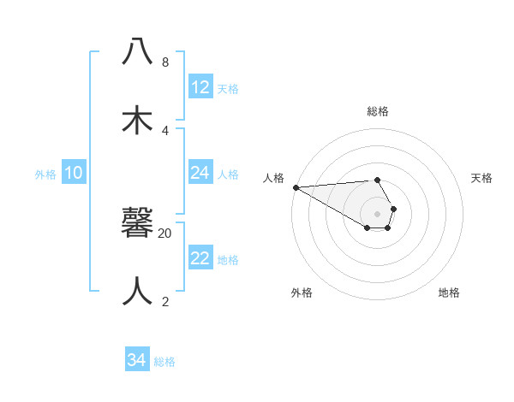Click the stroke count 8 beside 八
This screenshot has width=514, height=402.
165,62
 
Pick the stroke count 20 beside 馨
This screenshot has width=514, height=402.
165,234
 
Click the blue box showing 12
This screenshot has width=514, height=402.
200,87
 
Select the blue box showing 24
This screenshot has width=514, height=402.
200,173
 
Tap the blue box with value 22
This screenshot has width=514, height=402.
200,258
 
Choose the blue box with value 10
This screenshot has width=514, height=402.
74,173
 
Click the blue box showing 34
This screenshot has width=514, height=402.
137,360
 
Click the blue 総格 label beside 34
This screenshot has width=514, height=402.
164,362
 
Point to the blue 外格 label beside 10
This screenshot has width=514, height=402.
45,174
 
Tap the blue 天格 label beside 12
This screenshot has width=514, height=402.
228,89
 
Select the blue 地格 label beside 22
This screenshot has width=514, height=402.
228,260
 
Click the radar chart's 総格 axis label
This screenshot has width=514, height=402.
378,111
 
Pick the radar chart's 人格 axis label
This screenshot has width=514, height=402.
273,178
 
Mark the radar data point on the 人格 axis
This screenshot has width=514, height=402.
296,187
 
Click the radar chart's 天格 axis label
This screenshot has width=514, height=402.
482,178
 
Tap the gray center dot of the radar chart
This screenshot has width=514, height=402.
378,214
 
